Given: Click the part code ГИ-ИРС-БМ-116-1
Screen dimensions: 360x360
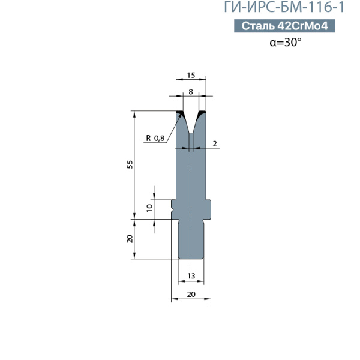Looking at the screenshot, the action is [284, 7].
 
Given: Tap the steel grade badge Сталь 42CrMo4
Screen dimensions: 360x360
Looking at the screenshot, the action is [284, 26].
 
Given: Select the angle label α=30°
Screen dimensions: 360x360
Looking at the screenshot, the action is [286, 42].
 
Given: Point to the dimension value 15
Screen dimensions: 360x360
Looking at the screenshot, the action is [191, 75].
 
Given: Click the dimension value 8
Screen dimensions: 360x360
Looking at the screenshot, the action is [191, 92].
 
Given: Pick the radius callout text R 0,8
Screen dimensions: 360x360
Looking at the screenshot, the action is [155, 138].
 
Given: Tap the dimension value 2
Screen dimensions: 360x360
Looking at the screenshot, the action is [215, 144].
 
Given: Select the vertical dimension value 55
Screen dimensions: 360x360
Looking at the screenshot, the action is [130, 164].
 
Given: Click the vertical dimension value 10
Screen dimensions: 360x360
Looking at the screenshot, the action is [149, 208].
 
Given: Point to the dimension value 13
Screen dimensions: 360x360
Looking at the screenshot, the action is [191, 276].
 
